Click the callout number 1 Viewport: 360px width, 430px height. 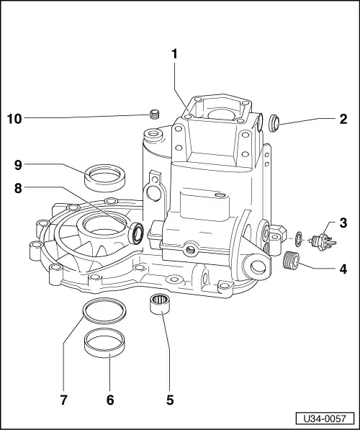point(174,53)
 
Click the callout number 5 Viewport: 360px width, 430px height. point(169,397)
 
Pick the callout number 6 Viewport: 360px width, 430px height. point(110,397)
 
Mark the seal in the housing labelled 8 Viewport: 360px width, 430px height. point(135,233)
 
